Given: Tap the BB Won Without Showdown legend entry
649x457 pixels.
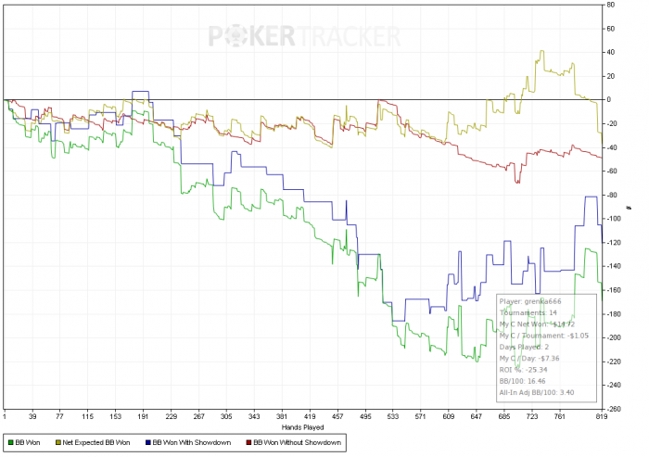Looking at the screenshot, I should [x=296, y=443].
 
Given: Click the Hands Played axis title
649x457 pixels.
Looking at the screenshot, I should [x=303, y=428].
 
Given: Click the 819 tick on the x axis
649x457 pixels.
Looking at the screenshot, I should [x=602, y=418].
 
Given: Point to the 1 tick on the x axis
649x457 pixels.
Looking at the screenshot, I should [x=5, y=418].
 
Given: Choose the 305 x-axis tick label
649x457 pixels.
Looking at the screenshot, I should [x=226, y=418].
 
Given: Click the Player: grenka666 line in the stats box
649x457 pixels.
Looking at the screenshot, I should [x=529, y=301].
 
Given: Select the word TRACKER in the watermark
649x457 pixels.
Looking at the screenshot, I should [x=349, y=36].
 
